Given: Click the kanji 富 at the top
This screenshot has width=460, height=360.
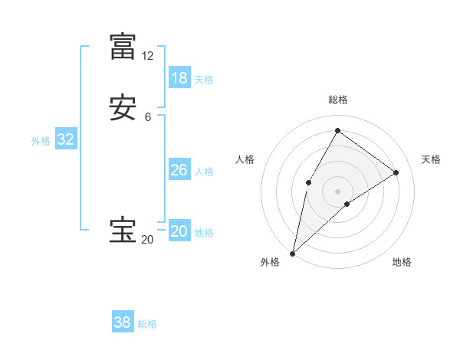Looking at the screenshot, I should [x=123, y=47].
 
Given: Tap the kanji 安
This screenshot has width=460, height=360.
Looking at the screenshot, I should [x=123, y=108].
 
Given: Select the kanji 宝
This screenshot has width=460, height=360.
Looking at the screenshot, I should [x=123, y=231].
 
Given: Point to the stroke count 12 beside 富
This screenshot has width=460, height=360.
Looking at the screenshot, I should [x=147, y=56].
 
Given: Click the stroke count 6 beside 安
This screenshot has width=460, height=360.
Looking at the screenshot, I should [x=147, y=117].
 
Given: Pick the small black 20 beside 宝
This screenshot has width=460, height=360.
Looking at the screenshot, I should [x=147, y=240].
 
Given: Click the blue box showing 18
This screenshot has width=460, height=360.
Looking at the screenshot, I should [x=179, y=78].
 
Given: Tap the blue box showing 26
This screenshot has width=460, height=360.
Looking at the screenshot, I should [x=179, y=170].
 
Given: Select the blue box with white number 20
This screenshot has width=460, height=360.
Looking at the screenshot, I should [x=179, y=231].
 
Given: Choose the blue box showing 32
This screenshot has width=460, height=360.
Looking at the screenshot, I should [x=65, y=139].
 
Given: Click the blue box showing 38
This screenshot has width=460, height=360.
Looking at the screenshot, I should [x=123, y=322].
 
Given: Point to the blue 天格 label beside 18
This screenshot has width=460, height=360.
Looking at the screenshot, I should [x=204, y=80].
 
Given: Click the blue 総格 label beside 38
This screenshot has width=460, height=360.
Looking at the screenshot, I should [x=147, y=324].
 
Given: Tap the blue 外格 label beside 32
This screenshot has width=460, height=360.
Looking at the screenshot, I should [x=41, y=141].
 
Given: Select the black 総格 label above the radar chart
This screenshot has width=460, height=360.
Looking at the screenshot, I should [x=337, y=100].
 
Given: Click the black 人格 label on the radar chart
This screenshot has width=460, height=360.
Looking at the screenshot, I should [x=245, y=159].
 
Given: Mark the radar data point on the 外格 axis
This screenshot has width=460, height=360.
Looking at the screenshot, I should [x=292, y=253].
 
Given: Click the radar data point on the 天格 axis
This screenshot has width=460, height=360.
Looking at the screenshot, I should [x=396, y=172].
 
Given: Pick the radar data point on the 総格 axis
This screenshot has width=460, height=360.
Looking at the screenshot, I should [x=337, y=130].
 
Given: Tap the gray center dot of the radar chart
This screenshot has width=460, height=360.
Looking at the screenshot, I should [x=337, y=191].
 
